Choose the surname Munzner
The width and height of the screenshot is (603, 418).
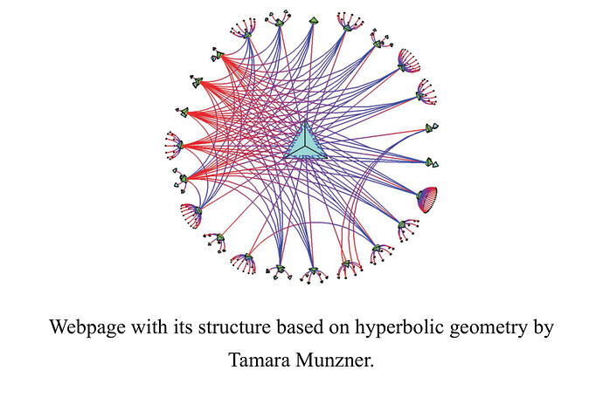(x=335, y=360)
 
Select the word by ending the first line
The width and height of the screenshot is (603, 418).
(x=544, y=328)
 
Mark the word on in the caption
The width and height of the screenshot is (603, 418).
(x=337, y=329)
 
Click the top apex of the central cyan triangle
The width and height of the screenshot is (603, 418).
(x=305, y=121)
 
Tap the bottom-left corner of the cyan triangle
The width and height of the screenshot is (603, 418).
(x=284, y=158)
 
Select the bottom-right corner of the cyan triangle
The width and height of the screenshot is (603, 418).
(x=327, y=157)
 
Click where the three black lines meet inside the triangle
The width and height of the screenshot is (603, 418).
(x=305, y=146)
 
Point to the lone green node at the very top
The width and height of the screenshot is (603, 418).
(x=314, y=21)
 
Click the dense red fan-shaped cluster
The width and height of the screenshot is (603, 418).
(x=427, y=199)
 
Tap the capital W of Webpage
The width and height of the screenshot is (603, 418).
(x=59, y=326)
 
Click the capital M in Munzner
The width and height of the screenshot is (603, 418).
(x=306, y=360)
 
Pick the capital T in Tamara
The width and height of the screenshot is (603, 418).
(x=234, y=360)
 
